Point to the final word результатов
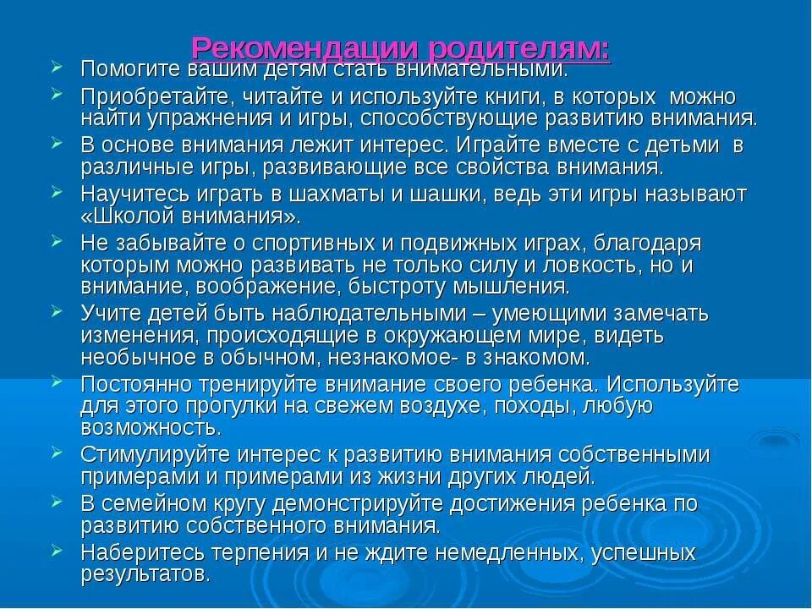click(x=145, y=575)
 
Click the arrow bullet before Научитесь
click(x=58, y=192)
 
